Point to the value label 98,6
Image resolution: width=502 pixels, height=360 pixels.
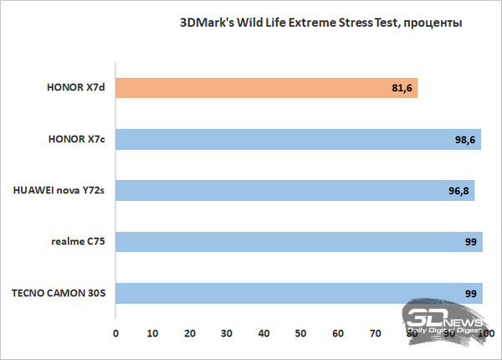[465, 140]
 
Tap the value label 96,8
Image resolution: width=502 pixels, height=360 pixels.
[458, 191]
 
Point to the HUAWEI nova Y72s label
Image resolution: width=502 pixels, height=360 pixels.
[59, 191]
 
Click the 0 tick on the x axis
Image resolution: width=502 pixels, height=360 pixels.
[116, 333]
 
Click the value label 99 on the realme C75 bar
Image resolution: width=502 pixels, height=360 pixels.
[470, 243]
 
